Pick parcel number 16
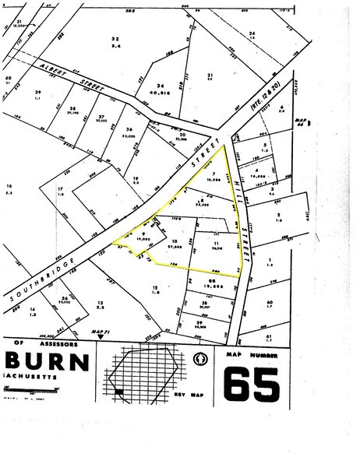click(9, 187)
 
